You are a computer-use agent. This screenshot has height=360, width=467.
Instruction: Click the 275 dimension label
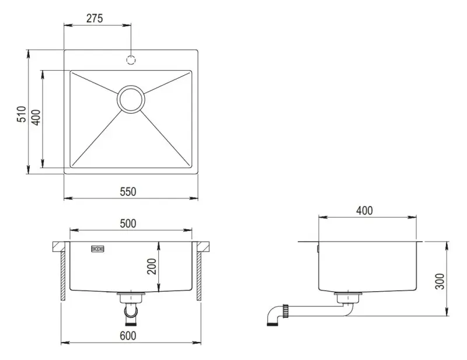[94, 18]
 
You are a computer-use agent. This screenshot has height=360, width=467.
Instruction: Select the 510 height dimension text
[22, 114]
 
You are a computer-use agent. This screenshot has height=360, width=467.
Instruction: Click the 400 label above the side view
[364, 211]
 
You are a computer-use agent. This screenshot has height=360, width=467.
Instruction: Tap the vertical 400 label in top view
[34, 118]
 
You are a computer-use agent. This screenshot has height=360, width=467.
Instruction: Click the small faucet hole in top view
[131, 60]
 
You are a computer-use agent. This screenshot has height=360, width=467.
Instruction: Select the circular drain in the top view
[131, 99]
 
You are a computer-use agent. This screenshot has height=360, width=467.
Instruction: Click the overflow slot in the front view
[97, 249]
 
